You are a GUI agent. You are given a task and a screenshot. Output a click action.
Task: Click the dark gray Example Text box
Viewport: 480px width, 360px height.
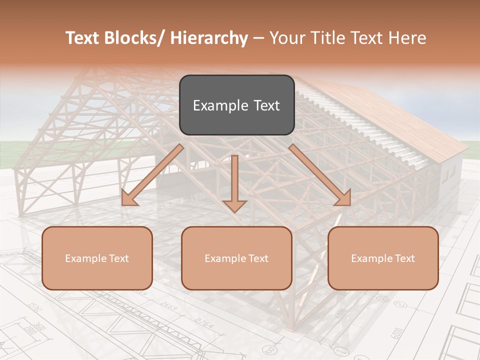point(236,105)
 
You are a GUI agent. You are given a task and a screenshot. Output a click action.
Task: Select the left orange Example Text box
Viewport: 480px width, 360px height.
point(97,258)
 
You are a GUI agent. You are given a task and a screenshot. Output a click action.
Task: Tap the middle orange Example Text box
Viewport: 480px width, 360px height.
point(236,258)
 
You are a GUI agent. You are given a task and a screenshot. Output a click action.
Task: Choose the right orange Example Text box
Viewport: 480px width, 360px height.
point(383,258)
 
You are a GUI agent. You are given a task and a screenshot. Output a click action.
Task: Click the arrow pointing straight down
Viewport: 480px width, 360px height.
point(234,185)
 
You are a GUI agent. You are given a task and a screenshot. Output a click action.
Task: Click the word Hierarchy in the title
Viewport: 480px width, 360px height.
point(209,38)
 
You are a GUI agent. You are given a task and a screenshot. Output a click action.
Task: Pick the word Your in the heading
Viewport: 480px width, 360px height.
point(287,38)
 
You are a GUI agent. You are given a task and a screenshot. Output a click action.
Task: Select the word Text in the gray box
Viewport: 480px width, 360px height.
point(263,105)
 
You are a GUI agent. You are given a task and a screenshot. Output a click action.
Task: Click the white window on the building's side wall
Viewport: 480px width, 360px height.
point(449,173)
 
